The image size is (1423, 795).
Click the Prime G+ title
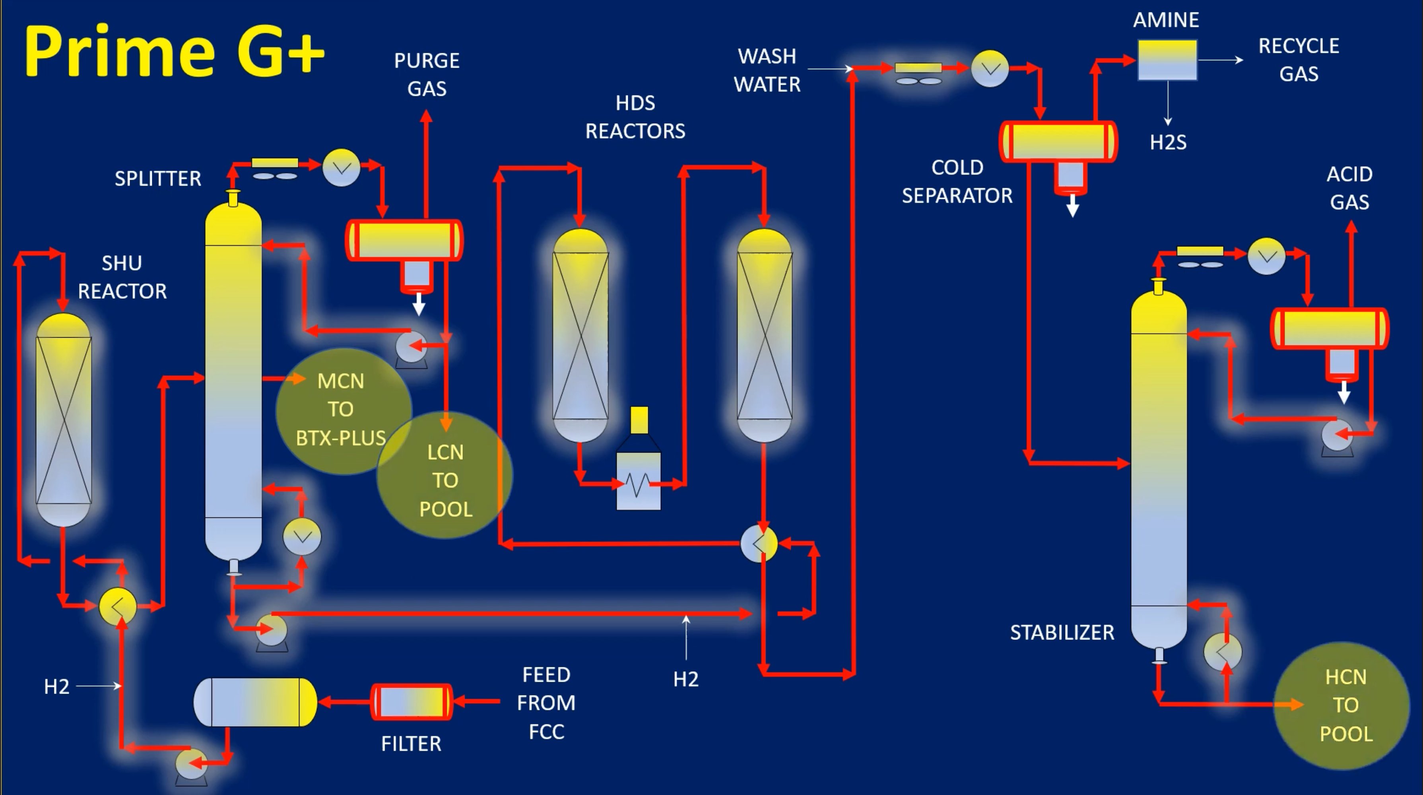coord(174,51)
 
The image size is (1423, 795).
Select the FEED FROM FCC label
coord(546,703)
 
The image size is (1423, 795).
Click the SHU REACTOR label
coord(122,277)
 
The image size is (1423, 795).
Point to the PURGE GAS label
coord(427,74)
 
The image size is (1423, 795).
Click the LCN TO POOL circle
coord(445,480)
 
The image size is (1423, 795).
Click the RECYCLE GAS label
coord(1298,60)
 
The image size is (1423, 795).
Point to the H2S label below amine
coord(1168,142)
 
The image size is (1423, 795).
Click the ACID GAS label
coord(1349,188)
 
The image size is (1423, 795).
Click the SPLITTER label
coord(157,179)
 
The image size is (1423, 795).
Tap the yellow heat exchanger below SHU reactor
coord(118,606)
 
